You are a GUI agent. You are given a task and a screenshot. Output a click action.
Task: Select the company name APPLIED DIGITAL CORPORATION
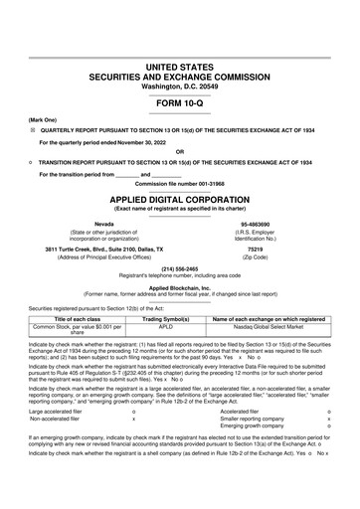coord(180,199)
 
